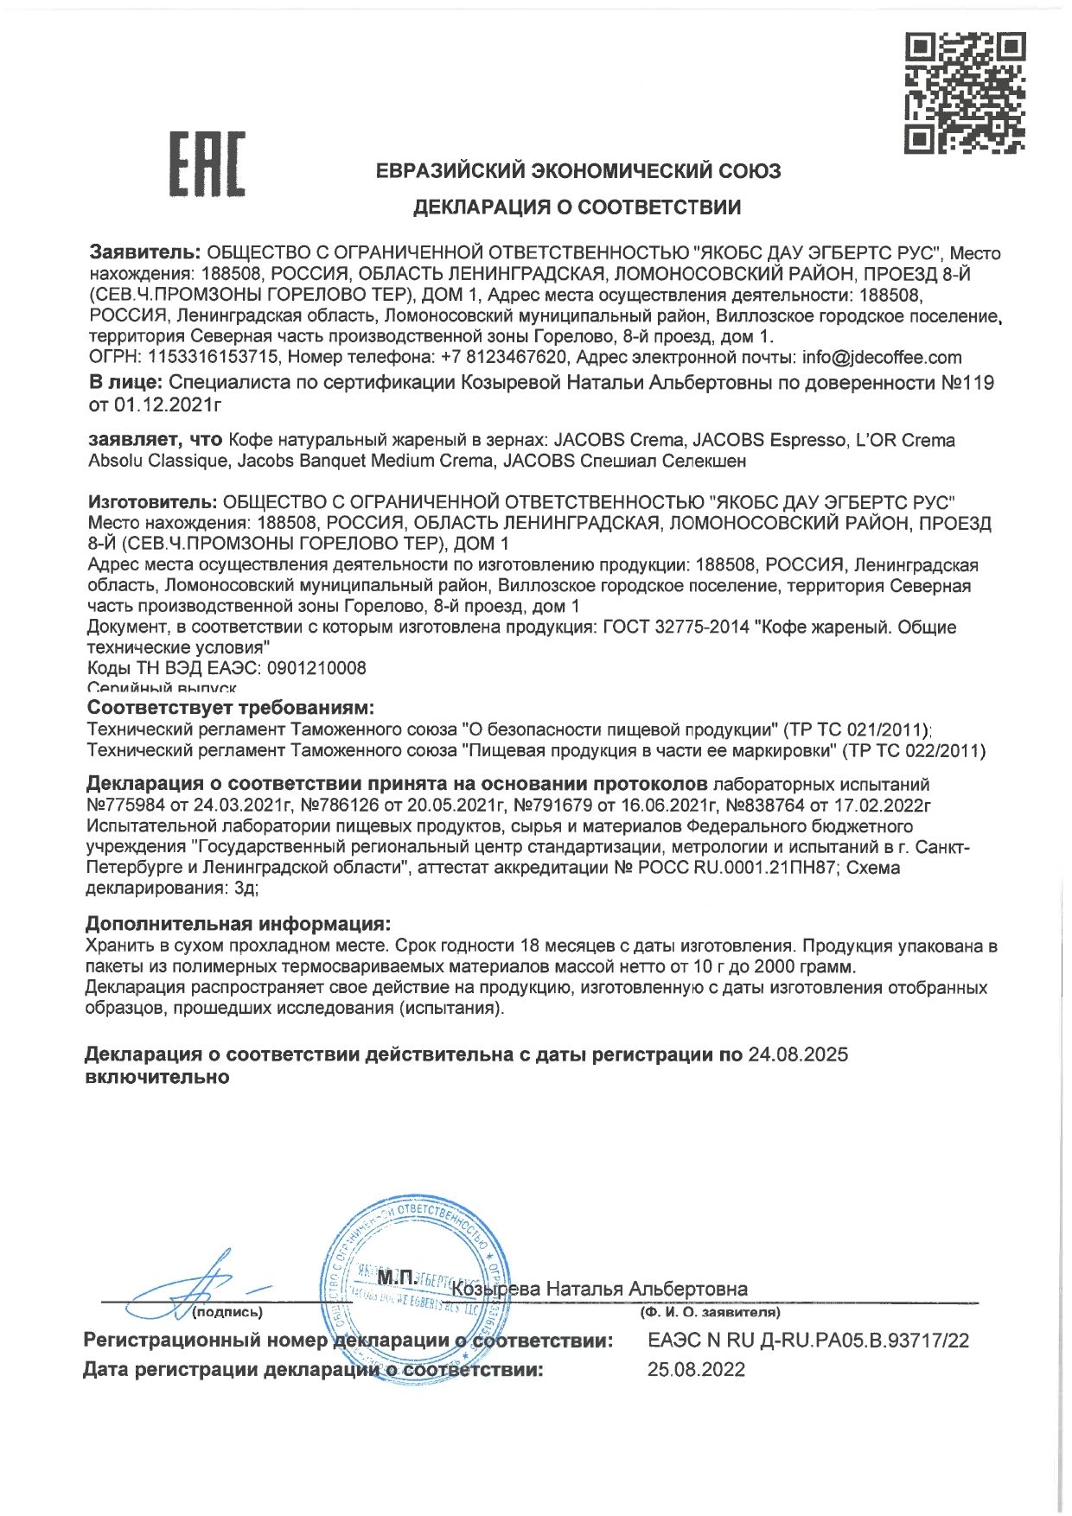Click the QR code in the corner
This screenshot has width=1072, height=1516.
965,92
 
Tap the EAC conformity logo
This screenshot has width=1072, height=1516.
207,163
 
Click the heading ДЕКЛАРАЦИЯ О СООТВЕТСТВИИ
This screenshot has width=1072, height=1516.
577,207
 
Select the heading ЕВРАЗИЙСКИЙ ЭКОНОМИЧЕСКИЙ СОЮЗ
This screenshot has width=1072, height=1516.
578,170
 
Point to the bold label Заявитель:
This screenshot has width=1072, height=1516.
145,253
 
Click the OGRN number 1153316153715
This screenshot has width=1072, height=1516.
214,357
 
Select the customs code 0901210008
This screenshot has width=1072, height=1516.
317,668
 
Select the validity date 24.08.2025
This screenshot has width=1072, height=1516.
797,1054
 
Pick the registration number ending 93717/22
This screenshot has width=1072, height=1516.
807,1341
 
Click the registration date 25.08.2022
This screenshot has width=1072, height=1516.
696,1370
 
